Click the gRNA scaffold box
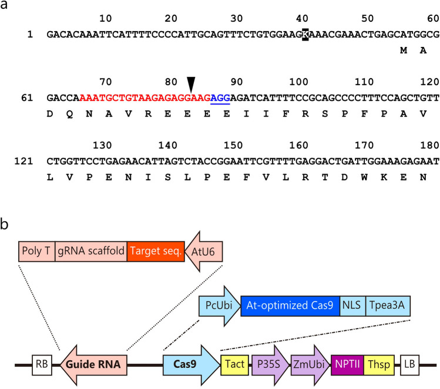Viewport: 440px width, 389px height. click(91, 252)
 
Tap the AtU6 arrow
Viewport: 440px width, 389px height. click(204, 252)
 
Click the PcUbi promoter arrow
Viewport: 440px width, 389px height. click(219, 306)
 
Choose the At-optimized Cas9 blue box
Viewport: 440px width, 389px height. click(290, 306)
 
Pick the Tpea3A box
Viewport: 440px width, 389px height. click(387, 306)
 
